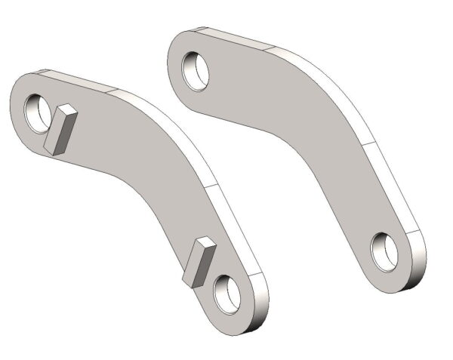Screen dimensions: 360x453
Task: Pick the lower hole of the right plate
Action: (x=387, y=250)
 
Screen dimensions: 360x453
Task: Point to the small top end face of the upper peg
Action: (x=66, y=110)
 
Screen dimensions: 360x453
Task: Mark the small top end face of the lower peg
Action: (x=205, y=243)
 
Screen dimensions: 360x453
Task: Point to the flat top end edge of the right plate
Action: (x=234, y=37)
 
